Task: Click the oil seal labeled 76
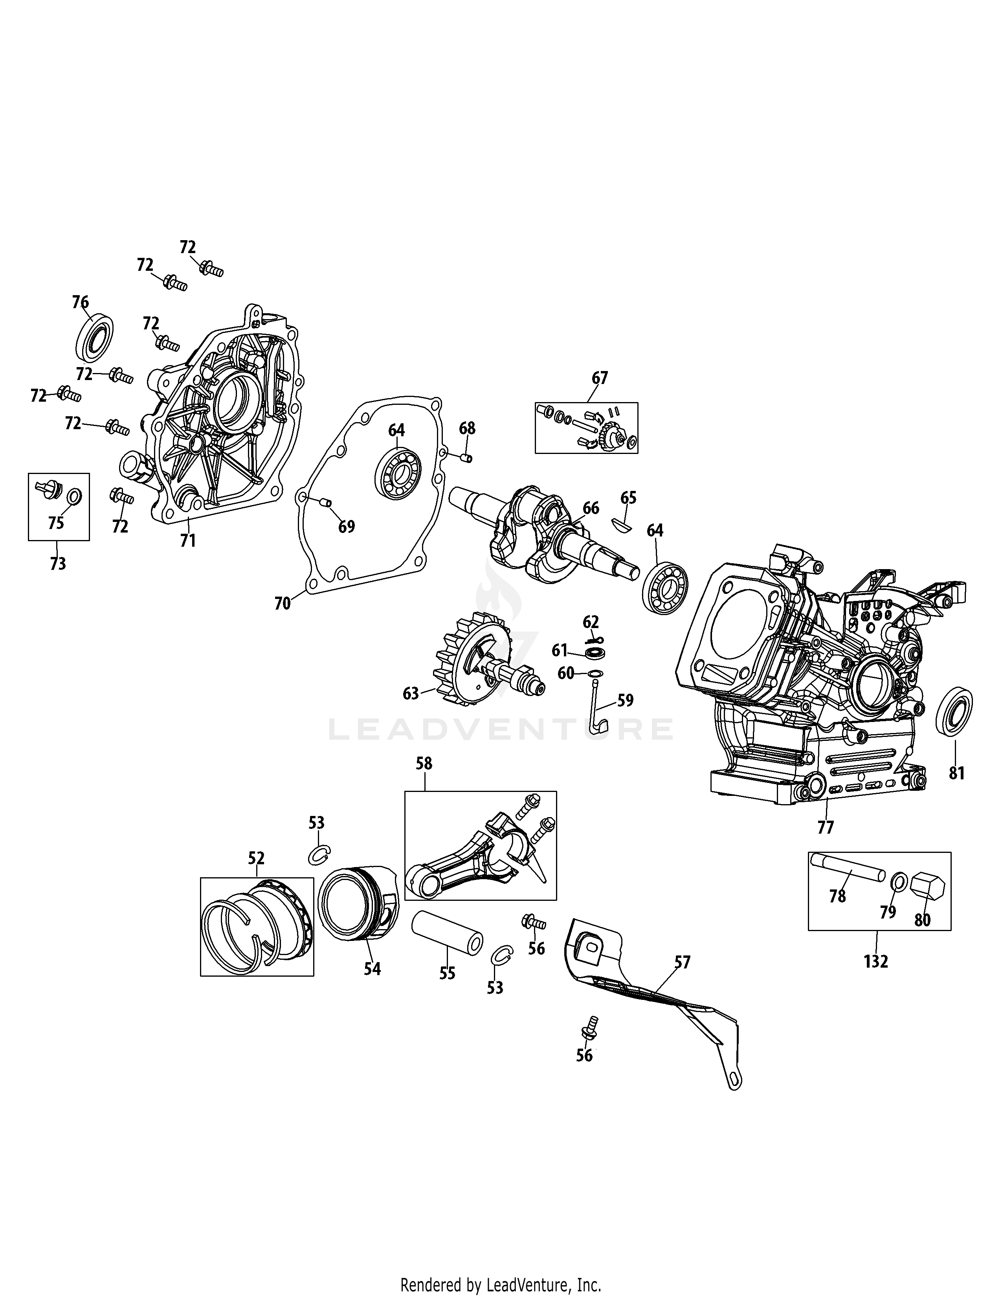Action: pos(94,340)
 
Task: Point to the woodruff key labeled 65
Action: pos(622,523)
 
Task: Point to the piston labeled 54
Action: pos(357,904)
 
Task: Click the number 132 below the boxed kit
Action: pos(876,961)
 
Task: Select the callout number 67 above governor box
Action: pos(600,378)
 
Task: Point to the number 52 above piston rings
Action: pos(257,858)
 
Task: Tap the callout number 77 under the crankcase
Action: pos(826,827)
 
